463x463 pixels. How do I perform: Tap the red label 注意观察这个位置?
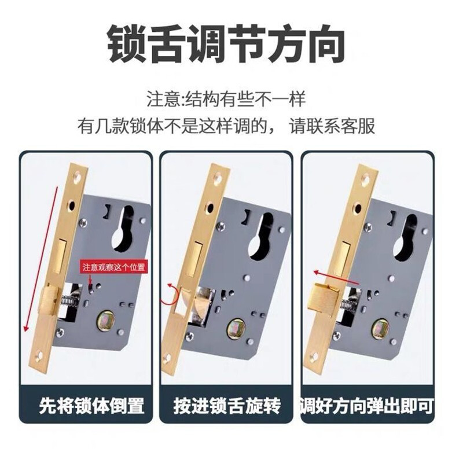coord(113,267)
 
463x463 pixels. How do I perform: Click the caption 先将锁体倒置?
coord(92,406)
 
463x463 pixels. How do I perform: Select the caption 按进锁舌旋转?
coord(227,406)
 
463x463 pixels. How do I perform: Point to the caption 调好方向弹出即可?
coord(367,406)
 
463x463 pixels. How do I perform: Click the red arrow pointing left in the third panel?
coord(336,278)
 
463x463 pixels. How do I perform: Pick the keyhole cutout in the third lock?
coord(407,236)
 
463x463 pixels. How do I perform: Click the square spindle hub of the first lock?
coord(106,321)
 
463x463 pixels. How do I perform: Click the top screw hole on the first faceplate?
coord(78,176)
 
